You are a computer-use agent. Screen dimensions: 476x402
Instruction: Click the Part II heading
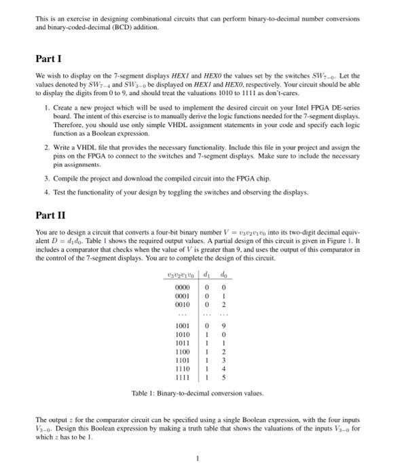coord(50,216)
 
